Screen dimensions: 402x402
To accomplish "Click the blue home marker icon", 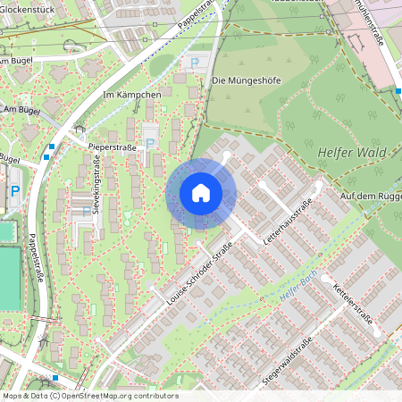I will [201, 193].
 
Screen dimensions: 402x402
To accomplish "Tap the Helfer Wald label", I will [351, 153].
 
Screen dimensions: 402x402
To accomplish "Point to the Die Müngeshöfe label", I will [247, 80].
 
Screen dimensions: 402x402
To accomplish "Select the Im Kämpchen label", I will [132, 95].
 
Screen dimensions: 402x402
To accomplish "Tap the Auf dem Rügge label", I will [372, 195].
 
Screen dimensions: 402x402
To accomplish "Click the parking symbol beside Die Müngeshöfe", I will [195, 63].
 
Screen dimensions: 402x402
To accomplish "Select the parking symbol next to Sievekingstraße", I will [87, 212].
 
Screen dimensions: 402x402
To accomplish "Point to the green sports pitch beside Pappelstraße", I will [8, 277].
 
